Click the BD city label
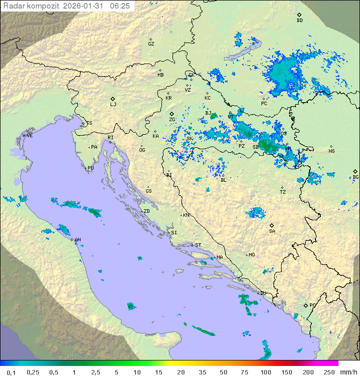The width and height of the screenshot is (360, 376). click(x=299, y=21)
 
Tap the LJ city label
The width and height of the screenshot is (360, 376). click(x=113, y=105)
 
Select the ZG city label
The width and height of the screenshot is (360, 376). click(x=172, y=120)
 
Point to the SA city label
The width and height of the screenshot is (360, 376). click(x=272, y=231)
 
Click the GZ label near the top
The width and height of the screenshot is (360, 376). click(x=151, y=44)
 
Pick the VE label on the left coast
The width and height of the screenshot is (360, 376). click(x=29, y=136)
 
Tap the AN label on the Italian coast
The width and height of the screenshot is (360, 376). click(x=78, y=240)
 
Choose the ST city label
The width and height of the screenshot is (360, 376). click(x=198, y=245)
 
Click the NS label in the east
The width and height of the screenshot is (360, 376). click(x=331, y=151)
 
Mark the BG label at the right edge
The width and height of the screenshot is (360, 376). click(x=355, y=177)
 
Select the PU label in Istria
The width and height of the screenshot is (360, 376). click(x=90, y=168)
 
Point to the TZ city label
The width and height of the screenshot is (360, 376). click(x=283, y=192)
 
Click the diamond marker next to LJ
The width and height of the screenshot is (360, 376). click(x=113, y=99)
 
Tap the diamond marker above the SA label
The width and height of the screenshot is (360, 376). click(x=272, y=225)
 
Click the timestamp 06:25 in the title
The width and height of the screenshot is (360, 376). click(x=119, y=6)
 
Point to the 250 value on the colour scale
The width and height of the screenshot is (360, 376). click(x=329, y=372)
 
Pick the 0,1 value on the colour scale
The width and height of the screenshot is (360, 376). click(x=11, y=372)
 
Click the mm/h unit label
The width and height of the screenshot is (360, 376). click(x=348, y=372)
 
